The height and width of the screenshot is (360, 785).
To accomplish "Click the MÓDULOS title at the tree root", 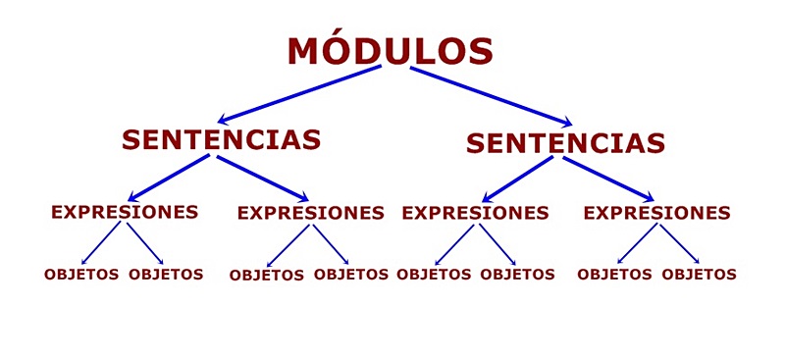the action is (x=390, y=51).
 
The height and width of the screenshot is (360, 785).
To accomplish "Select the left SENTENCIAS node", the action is (x=222, y=139).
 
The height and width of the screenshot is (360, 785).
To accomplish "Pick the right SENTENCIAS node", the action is (x=565, y=143).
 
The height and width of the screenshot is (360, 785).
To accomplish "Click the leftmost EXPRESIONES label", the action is (x=125, y=211).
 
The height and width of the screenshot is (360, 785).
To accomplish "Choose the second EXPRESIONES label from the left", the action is (x=311, y=212).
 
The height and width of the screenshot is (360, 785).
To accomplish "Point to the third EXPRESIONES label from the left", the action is (x=475, y=212).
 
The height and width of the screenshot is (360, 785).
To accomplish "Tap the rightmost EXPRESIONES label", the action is (x=656, y=212).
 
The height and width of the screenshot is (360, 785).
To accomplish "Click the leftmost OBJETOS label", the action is (x=81, y=274).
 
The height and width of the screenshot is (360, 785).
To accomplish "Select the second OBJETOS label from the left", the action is (x=166, y=274).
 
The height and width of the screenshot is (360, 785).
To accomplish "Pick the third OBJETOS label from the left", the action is (x=267, y=275).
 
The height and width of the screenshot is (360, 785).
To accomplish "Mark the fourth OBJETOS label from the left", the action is (x=351, y=274).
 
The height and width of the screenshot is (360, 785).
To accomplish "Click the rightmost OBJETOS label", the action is (x=699, y=274).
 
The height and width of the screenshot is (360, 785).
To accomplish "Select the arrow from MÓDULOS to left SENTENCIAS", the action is (x=299, y=94).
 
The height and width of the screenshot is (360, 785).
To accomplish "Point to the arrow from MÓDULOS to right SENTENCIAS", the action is (x=491, y=95).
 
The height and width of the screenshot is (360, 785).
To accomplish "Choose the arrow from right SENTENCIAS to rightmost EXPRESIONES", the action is (x=608, y=179).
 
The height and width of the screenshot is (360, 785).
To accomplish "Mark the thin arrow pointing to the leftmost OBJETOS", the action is (x=103, y=243).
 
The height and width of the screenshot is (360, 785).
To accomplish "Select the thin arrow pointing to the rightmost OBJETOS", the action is (x=679, y=243).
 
